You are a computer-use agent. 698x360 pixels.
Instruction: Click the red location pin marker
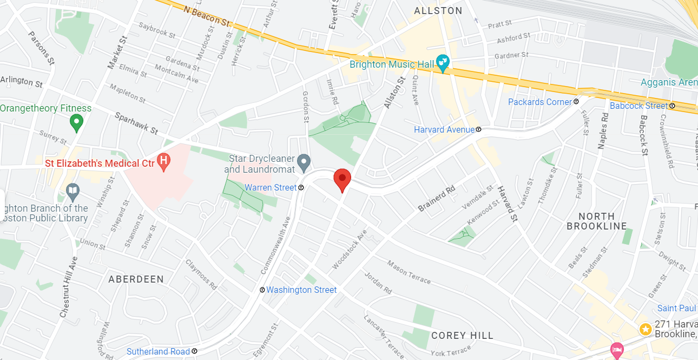pos(342,179)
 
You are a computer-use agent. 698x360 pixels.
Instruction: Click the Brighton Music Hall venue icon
pos(443,64)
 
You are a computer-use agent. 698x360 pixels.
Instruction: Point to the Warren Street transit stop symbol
pos(301,188)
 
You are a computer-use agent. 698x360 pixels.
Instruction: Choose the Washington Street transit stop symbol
pos(262,290)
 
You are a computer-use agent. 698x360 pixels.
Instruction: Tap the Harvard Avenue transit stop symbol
pos(479,130)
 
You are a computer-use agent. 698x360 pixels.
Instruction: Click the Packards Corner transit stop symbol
pos(576,102)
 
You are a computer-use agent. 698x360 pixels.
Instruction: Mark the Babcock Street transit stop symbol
pos(672,106)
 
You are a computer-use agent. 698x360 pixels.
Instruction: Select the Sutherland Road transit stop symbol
pos(194,351)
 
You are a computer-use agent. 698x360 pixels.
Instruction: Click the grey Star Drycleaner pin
pos(304,161)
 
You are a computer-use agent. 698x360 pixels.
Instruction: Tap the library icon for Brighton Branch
pos(73,191)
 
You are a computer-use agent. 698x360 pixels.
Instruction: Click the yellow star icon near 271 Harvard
pos(645,329)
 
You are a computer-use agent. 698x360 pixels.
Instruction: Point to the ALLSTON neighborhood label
pos(438,11)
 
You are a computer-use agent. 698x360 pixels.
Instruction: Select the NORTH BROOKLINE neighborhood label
pos(597,221)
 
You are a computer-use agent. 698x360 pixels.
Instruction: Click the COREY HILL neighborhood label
pos(463,336)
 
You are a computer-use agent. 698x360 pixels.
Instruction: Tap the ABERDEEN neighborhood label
pos(136,279)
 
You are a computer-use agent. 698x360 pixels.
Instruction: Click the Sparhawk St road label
pos(136,123)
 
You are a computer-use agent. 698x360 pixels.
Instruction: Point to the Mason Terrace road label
pos(409,272)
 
